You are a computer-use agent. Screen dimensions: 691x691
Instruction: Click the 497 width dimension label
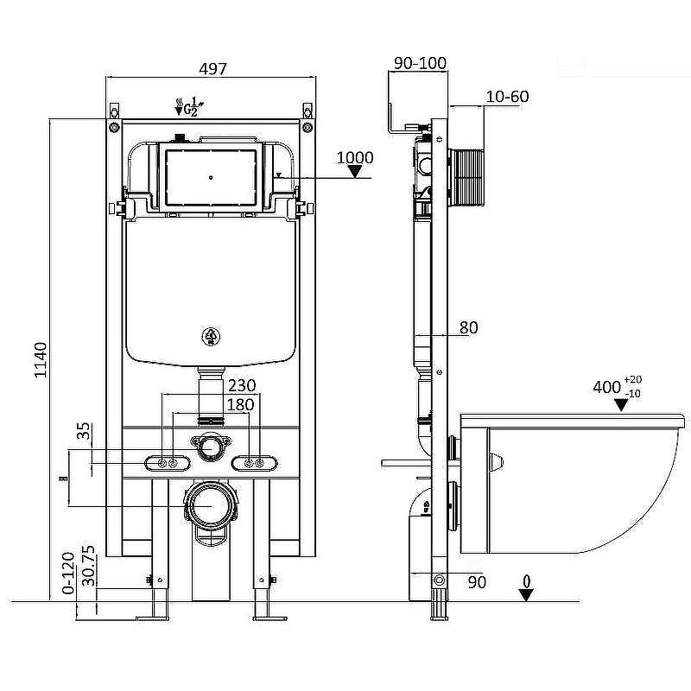[213, 69]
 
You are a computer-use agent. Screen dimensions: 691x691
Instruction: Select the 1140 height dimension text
[41, 360]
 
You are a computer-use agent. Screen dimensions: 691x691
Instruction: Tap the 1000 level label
[355, 157]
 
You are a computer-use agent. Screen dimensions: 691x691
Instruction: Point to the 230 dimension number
[242, 385]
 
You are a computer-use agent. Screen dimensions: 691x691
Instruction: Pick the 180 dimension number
[240, 404]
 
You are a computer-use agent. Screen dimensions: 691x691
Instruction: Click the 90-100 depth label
[420, 63]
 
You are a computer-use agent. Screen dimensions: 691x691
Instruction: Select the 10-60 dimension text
[507, 97]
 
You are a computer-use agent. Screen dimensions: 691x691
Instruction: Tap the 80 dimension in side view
[468, 327]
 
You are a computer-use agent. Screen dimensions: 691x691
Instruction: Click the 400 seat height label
[607, 387]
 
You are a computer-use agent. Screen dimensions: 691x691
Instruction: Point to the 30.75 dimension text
[88, 566]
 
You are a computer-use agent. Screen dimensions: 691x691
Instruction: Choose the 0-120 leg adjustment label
[68, 573]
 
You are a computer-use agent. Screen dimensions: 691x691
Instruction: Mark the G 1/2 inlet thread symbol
[189, 106]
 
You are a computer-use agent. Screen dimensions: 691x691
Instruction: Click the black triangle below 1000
[355, 171]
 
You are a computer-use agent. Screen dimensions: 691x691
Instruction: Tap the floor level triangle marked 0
[526, 595]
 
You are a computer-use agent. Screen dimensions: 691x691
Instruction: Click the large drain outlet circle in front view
[211, 506]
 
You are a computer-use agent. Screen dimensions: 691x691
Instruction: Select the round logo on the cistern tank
[211, 337]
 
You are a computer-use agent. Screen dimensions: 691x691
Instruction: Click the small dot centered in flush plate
[211, 178]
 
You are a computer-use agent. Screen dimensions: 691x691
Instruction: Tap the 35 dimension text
[84, 431]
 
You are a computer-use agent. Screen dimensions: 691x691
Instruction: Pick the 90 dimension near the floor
[477, 582]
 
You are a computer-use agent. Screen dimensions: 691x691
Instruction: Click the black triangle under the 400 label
[621, 405]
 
